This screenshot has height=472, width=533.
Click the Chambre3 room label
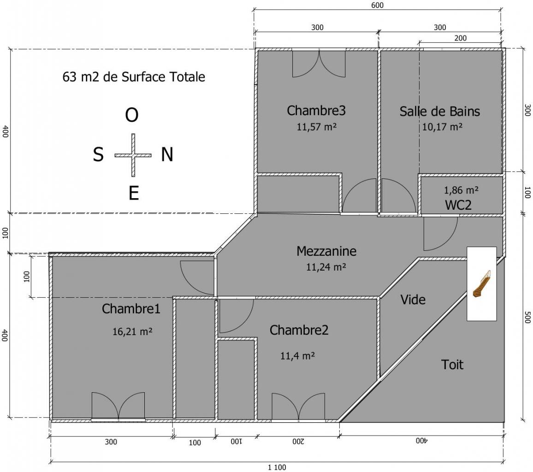(316, 111)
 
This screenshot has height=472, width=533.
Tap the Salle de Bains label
(439, 112)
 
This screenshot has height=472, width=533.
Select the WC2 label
(458, 205)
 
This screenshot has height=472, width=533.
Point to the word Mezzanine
(326, 251)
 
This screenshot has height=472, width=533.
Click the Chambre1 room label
(131, 309)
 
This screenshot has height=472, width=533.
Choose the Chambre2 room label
(299, 330)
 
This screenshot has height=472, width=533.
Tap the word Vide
(413, 300)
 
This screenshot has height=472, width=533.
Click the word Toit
(452, 365)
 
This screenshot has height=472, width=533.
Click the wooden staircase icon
(482, 284)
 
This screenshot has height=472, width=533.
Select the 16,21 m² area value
(132, 331)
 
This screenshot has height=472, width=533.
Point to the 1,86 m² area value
(461, 190)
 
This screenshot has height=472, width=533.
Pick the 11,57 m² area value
(316, 127)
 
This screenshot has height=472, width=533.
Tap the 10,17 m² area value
(442, 127)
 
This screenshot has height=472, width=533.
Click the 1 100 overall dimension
(277, 467)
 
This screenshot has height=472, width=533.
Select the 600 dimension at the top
(377, 5)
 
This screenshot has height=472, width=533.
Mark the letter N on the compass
(167, 154)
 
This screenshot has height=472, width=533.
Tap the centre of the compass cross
(133, 155)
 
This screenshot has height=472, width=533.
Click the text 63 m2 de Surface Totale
(134, 77)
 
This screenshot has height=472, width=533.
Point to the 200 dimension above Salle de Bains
(460, 38)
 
